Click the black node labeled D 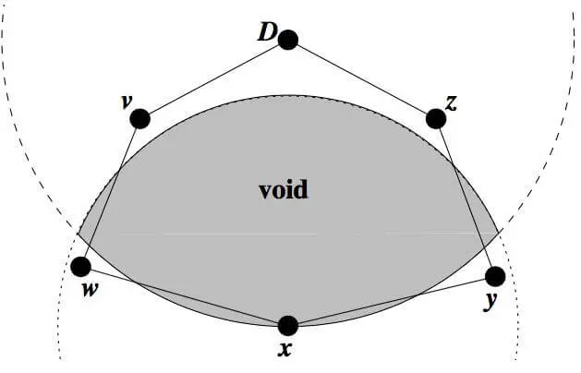(288, 40)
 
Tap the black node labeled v (139, 118)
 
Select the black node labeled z (436, 118)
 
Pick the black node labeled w (81, 267)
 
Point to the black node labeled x (288, 325)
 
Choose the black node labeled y (495, 276)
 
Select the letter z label (452, 102)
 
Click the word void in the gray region (283, 191)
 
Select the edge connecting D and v (213, 79)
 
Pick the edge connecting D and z (362, 79)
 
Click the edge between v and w (111, 192)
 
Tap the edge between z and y (466, 197)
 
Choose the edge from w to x (185, 296)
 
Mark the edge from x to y (392, 301)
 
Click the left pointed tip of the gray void (79, 235)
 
